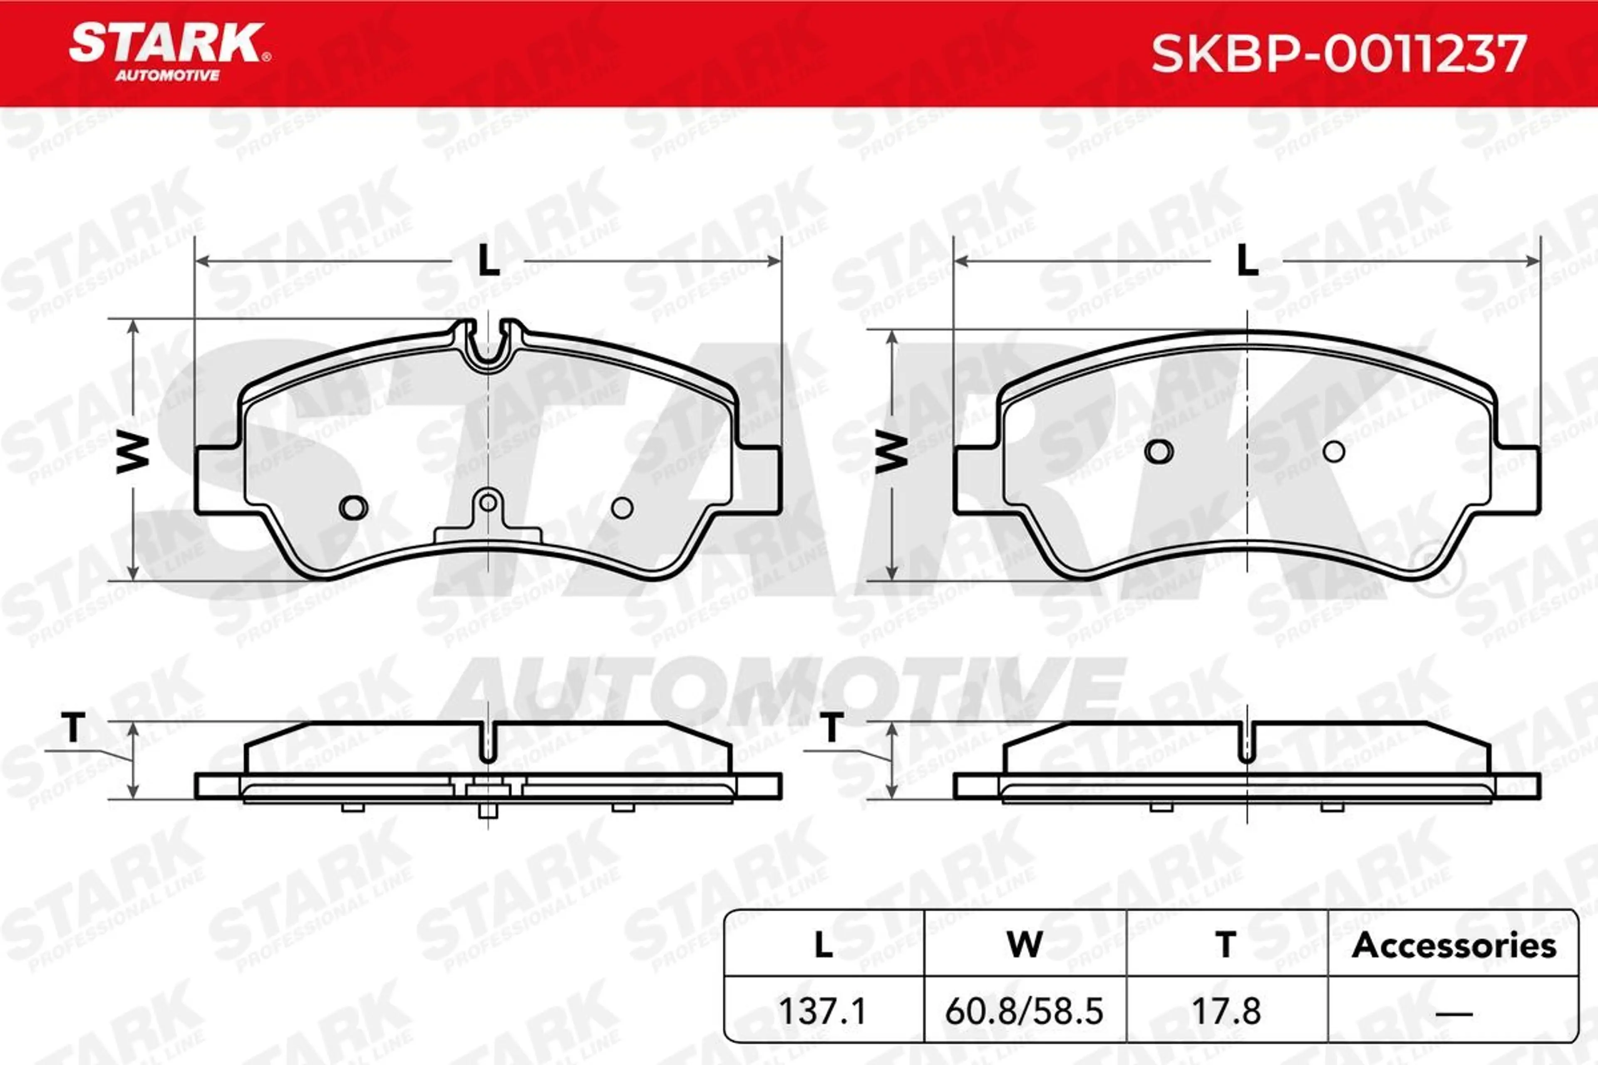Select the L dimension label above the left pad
489,260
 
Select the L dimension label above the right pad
1248,260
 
